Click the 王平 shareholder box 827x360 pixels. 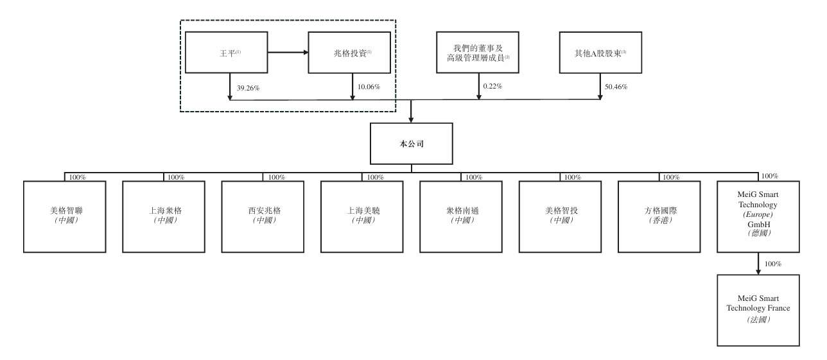click(x=226, y=53)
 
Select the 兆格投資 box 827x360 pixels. click(x=349, y=53)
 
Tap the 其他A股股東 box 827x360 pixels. click(x=601, y=53)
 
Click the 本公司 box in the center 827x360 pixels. click(x=412, y=144)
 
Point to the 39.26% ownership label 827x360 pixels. click(x=248, y=88)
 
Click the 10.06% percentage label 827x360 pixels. click(x=369, y=87)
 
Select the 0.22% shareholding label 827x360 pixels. click(x=492, y=87)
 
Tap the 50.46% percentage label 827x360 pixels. click(x=616, y=87)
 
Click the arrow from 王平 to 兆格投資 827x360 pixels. click(x=288, y=53)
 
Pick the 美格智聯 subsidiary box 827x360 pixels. click(x=65, y=216)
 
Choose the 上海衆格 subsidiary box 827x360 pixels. click(x=164, y=216)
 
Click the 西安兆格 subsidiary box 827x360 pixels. click(x=263, y=216)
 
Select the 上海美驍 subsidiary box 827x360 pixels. click(x=362, y=216)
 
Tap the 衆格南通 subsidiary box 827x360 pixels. click(x=461, y=216)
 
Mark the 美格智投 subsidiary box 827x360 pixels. click(x=560, y=216)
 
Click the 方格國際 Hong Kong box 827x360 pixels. click(x=659, y=216)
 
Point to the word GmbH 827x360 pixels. click(x=759, y=224)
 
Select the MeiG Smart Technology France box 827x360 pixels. click(x=758, y=310)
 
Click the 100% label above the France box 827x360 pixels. click(x=772, y=264)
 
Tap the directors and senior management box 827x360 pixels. click(x=477, y=53)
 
